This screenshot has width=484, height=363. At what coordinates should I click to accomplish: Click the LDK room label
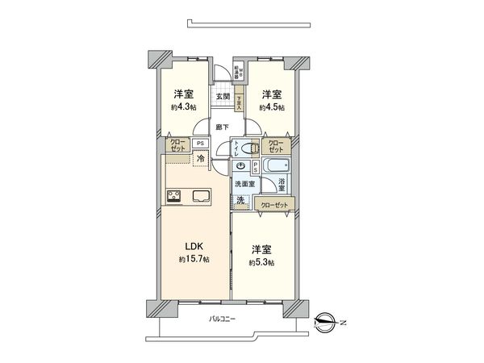[194, 247]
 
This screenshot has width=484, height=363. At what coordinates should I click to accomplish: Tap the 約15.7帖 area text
[194, 260]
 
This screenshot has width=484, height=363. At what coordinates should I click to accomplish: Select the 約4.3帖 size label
[183, 106]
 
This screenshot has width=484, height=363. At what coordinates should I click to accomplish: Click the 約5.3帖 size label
[261, 263]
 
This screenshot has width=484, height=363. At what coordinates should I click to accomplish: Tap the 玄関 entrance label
[223, 97]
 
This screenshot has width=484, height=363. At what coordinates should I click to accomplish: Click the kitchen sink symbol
[199, 196]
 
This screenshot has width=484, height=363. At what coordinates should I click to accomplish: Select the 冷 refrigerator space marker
[200, 159]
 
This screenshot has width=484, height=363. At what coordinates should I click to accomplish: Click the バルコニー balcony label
[222, 320]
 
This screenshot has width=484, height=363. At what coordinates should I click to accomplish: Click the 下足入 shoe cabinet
[239, 102]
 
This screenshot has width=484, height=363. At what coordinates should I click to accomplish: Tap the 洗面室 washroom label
[244, 184]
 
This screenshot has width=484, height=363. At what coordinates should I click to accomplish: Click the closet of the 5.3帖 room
[273, 204]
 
